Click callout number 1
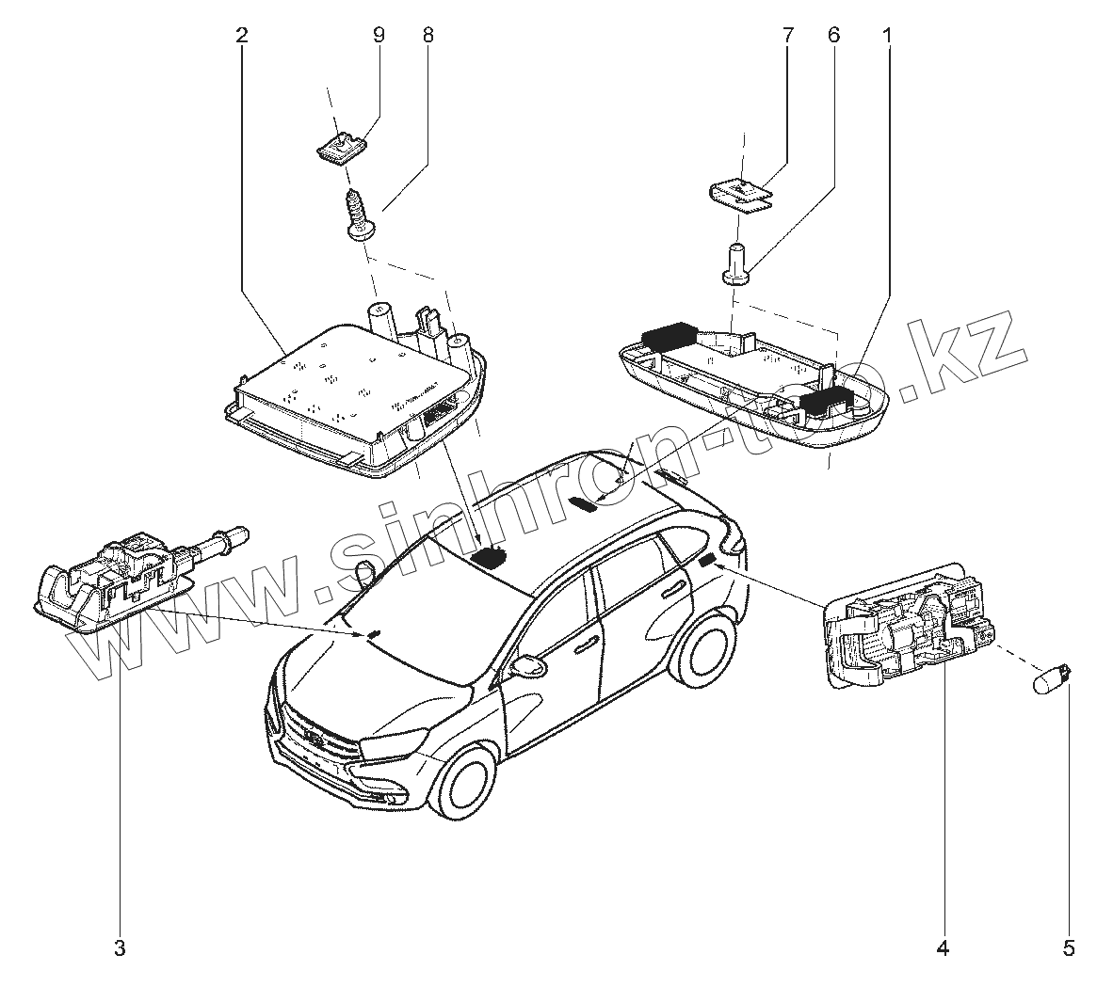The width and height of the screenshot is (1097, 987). (x=886, y=36)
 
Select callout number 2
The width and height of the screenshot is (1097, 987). (x=242, y=36)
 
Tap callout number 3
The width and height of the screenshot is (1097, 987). (x=120, y=947)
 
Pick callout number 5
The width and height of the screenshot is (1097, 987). (x=1068, y=947)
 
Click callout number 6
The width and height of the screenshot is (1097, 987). (x=832, y=36)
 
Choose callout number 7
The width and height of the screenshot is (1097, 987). (x=788, y=36)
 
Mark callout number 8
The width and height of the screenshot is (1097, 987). (x=428, y=36)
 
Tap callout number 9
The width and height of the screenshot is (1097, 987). (x=379, y=36)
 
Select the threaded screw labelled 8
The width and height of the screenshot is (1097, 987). (x=357, y=215)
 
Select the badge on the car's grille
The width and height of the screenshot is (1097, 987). (x=315, y=741)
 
